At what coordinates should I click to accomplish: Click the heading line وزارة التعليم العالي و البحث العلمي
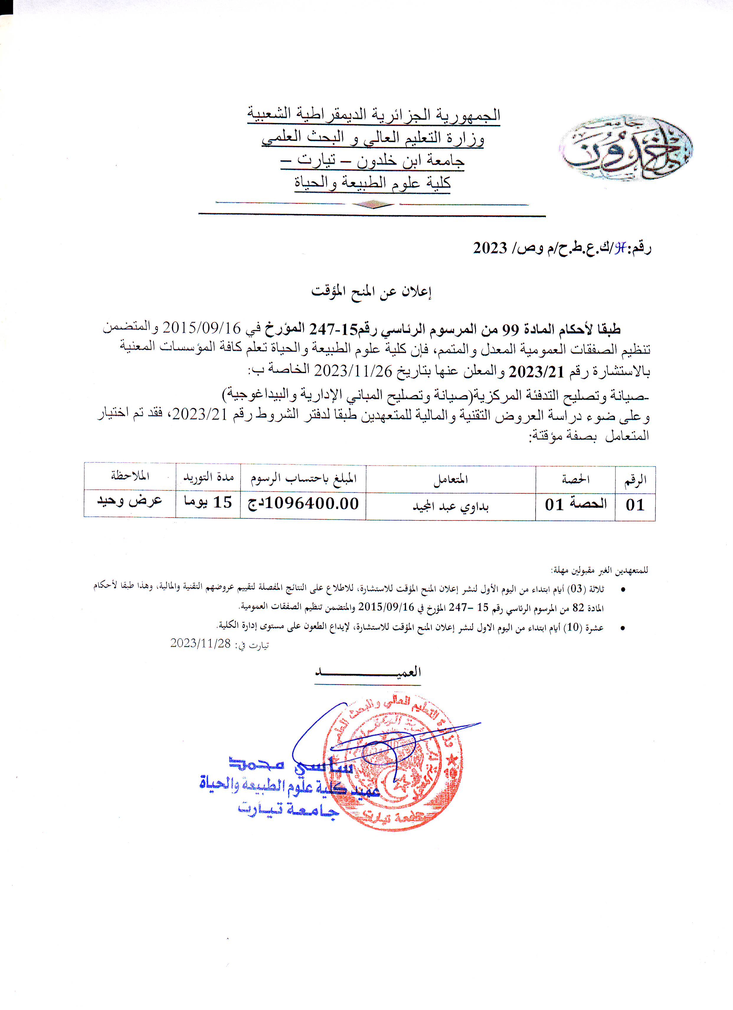click(x=372, y=138)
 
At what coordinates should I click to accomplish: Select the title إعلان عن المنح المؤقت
click(x=372, y=292)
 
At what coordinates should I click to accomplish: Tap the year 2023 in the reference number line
click(x=490, y=248)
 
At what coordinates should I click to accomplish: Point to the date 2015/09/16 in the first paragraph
click(x=202, y=328)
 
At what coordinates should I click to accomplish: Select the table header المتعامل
click(x=451, y=479)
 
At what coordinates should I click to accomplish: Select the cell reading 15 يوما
click(x=208, y=502)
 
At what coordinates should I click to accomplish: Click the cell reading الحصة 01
click(x=575, y=505)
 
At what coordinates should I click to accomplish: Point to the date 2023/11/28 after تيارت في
click(x=201, y=643)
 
